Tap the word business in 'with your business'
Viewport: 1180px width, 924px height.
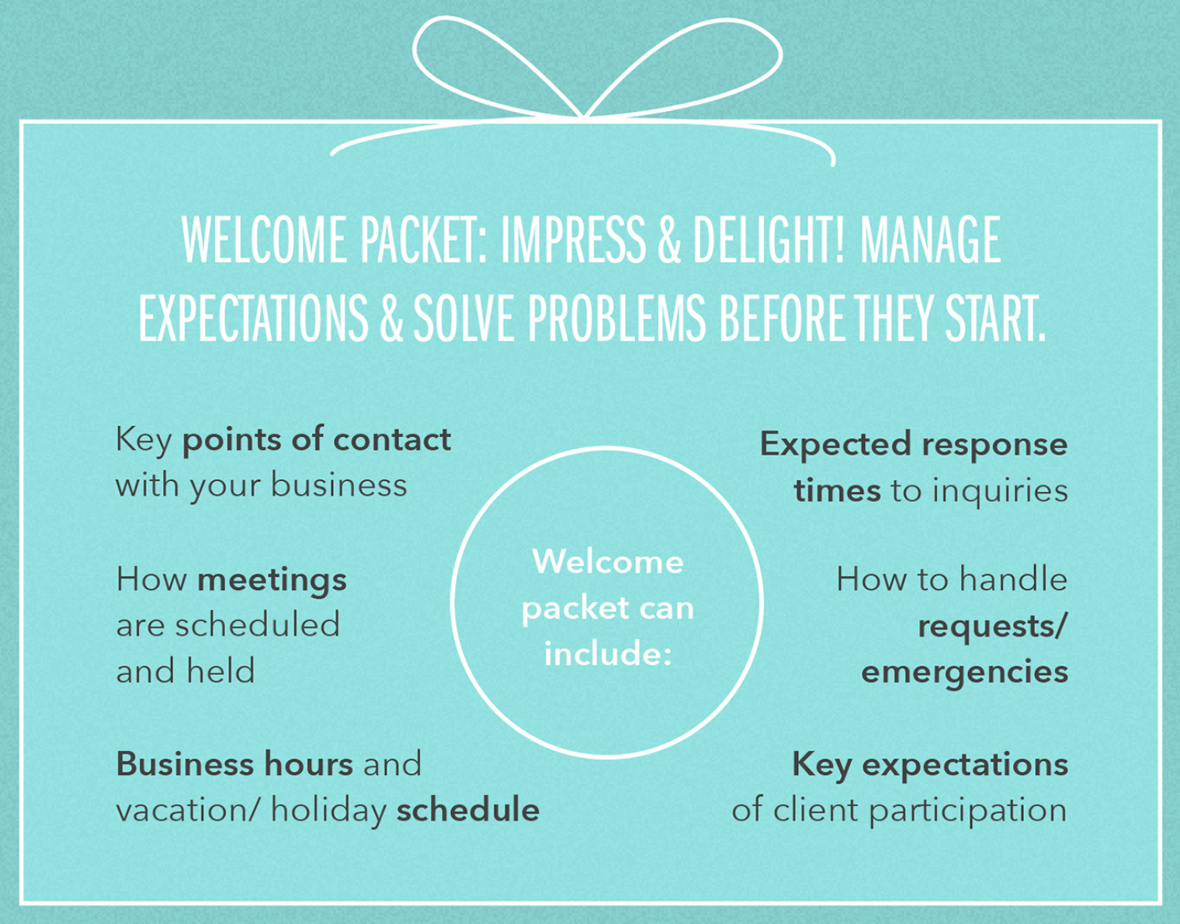[338, 485]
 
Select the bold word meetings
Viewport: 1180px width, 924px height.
[272, 580]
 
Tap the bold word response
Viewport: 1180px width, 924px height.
[994, 445]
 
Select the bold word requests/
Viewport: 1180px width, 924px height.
[992, 626]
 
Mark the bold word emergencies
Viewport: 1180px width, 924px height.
[964, 671]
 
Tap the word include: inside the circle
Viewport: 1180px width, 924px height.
[607, 654]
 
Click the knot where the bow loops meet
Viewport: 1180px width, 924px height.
[584, 116]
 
